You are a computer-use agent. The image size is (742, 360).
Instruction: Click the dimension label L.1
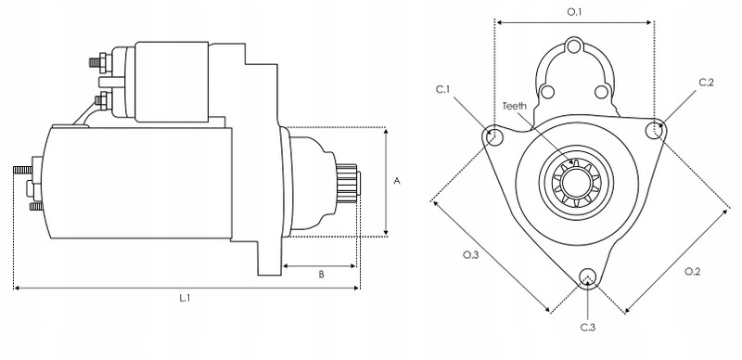click(x=185, y=298)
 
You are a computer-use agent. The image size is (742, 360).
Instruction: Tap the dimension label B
click(x=321, y=275)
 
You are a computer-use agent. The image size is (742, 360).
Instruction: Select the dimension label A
click(x=397, y=181)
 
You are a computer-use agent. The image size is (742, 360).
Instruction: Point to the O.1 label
click(x=574, y=12)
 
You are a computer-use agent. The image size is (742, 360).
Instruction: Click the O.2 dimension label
click(x=692, y=272)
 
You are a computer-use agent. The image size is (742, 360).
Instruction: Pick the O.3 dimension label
click(x=471, y=255)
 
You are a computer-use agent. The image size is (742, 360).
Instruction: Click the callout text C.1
click(x=443, y=89)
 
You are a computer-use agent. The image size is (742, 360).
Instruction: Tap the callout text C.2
click(x=706, y=83)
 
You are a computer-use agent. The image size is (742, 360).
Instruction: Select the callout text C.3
click(x=588, y=328)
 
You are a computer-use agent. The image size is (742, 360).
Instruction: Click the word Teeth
click(x=515, y=106)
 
